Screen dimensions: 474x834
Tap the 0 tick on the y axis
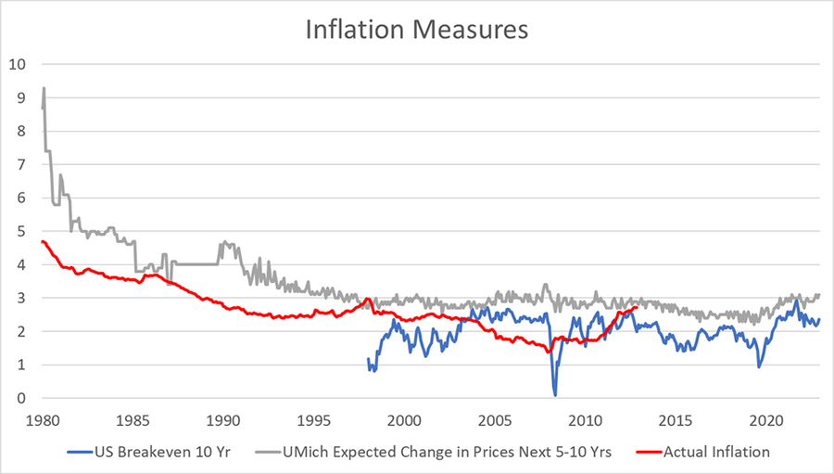19,399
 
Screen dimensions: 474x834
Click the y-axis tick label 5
19,231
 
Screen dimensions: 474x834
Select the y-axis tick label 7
19,164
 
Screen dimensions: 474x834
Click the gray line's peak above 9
44,88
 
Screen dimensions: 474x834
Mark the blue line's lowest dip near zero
555,395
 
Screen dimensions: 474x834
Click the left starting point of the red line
42,241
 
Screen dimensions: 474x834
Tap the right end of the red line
638,307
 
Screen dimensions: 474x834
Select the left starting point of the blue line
368,359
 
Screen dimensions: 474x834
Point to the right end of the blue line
819,319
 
